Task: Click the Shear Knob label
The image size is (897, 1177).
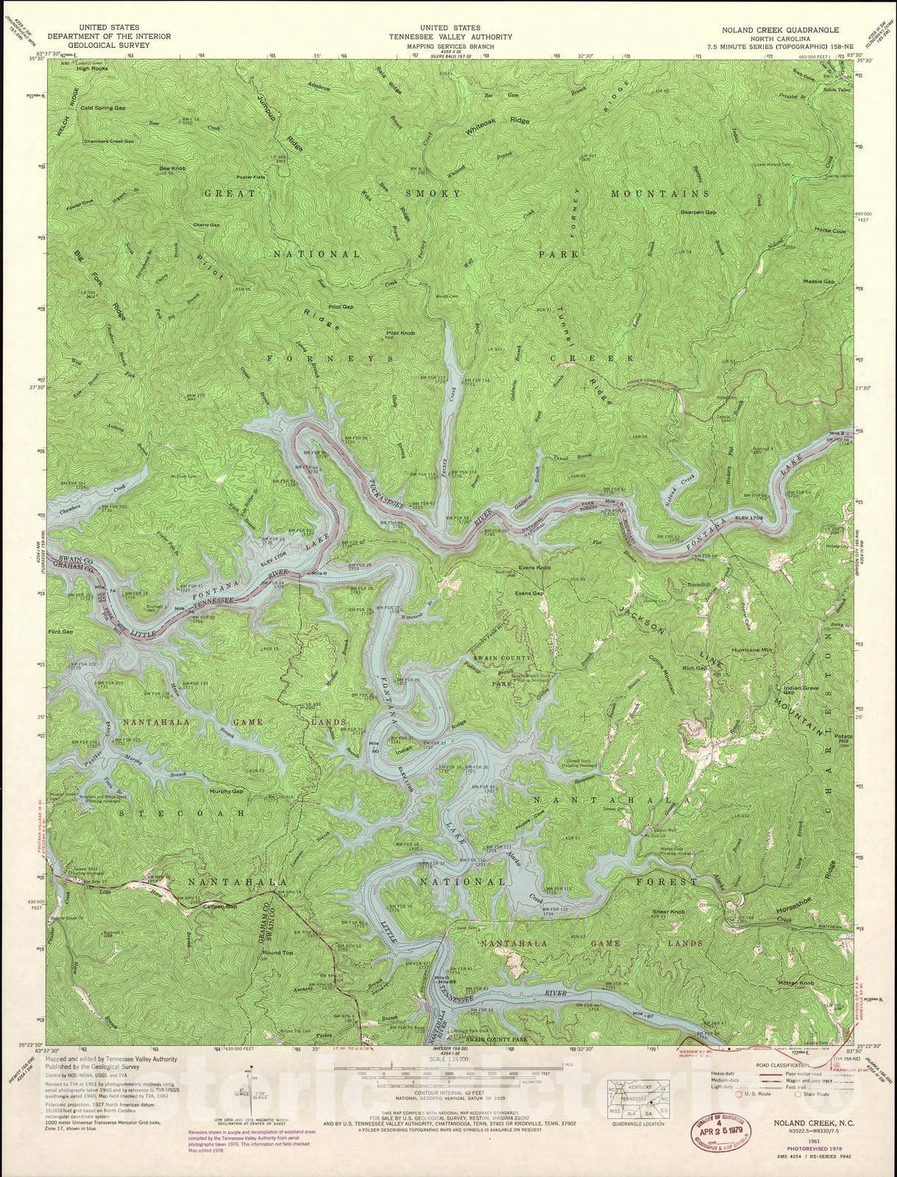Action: [668, 912]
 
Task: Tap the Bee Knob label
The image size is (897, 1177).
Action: [170, 168]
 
